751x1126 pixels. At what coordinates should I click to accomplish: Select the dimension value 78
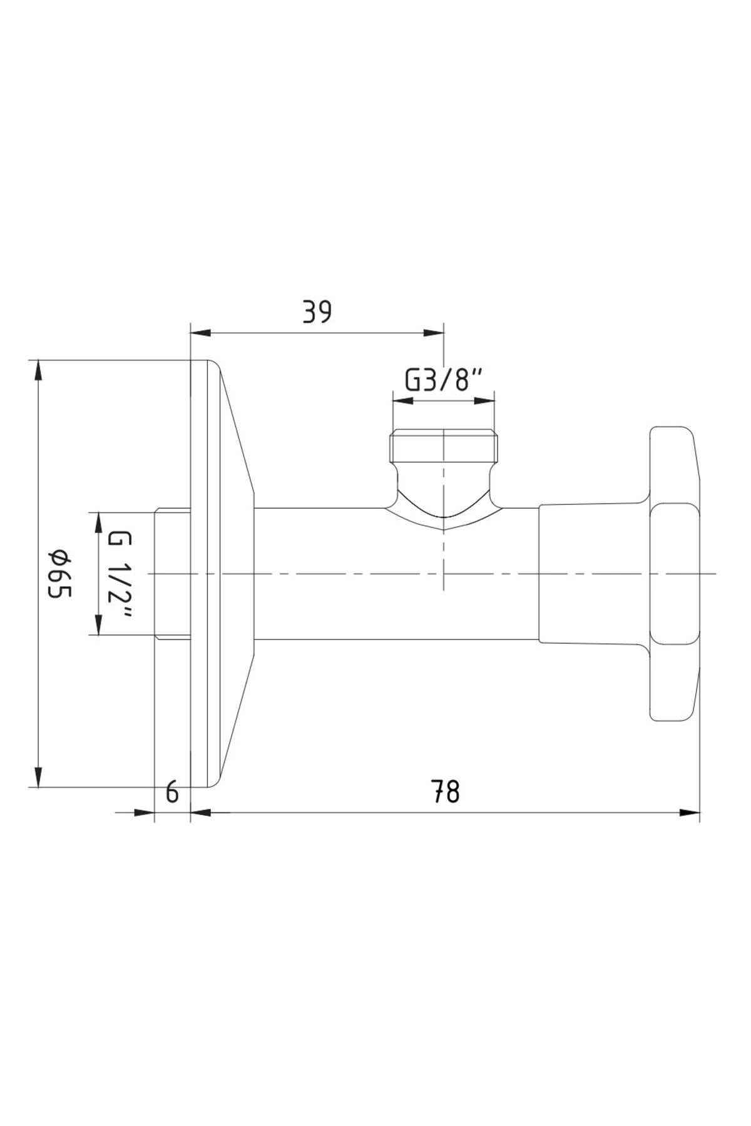tap(445, 792)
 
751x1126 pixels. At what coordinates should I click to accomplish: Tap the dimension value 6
tap(172, 793)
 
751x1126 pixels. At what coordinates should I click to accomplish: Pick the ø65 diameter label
tap(61, 573)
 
